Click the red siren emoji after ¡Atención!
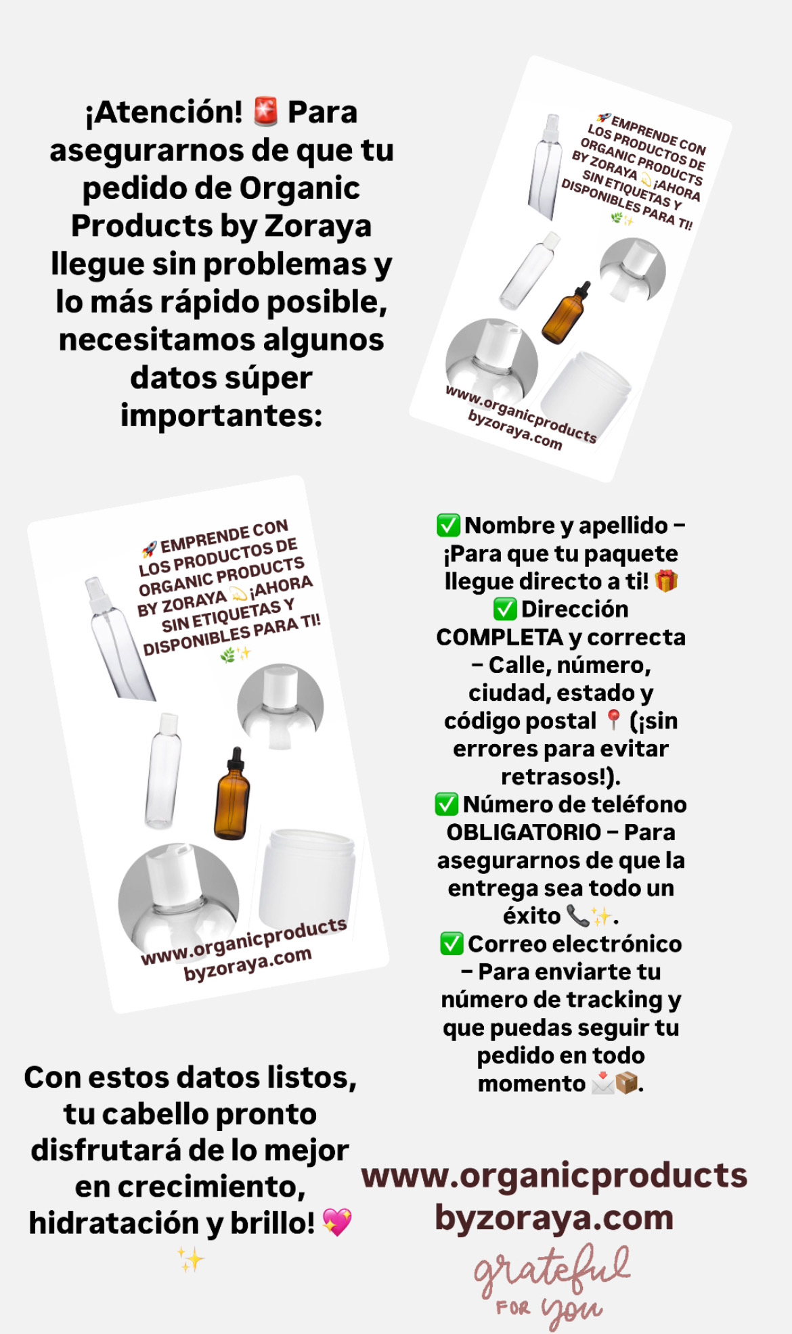[265, 112]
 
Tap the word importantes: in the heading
[221, 415]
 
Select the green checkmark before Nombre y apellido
[448, 525]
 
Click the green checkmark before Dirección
[505, 609]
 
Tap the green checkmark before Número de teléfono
[447, 804]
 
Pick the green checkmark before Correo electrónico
[452, 944]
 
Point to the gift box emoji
[666, 581]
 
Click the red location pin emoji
[613, 720]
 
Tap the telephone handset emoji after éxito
[577, 915]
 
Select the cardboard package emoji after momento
[627, 1083]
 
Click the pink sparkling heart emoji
[337, 1222]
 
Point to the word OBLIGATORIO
[524, 832]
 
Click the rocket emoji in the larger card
[149, 549]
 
